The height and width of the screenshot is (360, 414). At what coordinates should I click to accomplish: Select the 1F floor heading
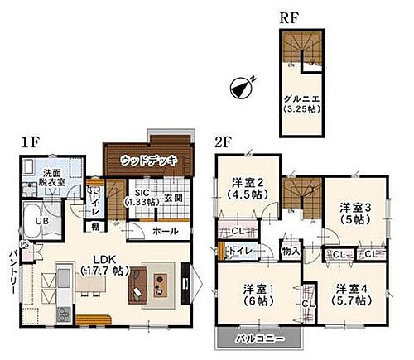tap(31, 142)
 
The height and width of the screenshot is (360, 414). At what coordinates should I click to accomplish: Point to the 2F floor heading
tap(224, 142)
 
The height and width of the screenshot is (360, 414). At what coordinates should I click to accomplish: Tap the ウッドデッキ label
tap(147, 160)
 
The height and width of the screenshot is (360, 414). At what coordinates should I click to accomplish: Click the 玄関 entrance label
tap(173, 197)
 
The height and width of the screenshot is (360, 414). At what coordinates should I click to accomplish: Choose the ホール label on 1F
tap(165, 231)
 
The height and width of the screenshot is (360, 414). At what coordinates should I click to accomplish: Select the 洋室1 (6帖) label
tap(258, 295)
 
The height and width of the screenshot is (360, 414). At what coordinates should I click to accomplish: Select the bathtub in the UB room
tap(29, 222)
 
